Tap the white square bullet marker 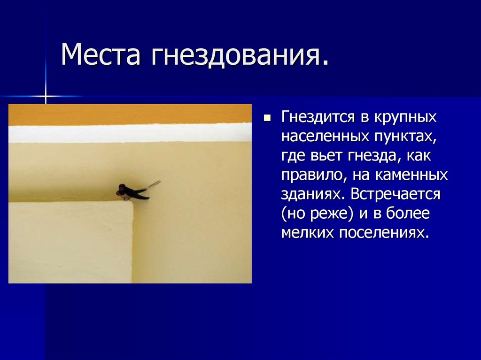coord(267,117)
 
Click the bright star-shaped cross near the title coord(46,96)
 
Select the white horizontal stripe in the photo coord(130,133)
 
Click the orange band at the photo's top coord(130,114)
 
